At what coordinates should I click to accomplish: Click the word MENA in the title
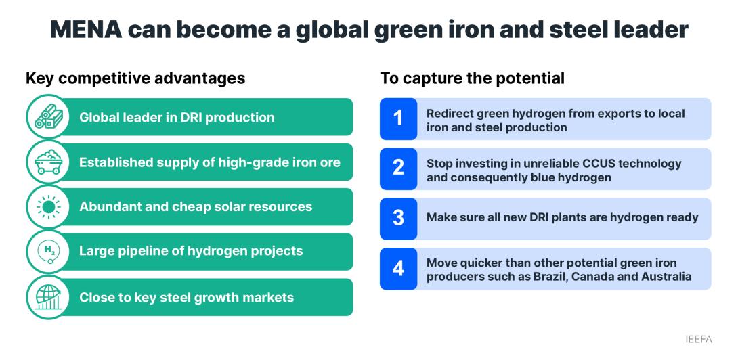point(86,30)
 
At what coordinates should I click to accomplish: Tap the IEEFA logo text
point(699,339)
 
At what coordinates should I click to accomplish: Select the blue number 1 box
point(398,118)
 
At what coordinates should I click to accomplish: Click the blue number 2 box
point(398,168)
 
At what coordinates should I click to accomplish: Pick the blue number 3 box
point(398,219)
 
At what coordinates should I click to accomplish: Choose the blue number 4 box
point(398,268)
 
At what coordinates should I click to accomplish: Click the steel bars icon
point(49,116)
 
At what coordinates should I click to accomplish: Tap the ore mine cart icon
point(49,162)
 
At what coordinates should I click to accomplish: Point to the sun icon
point(49,207)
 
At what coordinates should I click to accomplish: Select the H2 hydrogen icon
point(49,252)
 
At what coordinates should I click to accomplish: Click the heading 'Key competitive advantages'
point(135,78)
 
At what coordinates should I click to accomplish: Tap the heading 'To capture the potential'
point(472,78)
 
